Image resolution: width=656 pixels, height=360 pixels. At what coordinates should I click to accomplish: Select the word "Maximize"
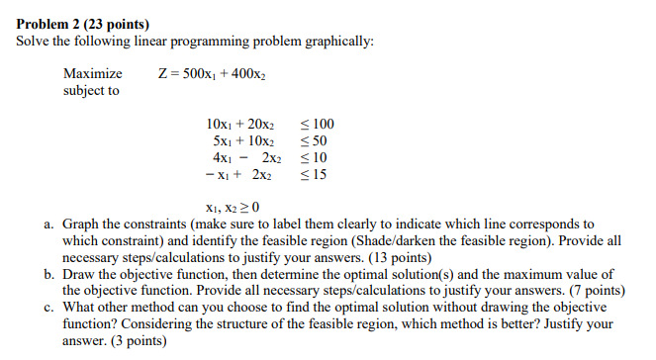tap(93, 73)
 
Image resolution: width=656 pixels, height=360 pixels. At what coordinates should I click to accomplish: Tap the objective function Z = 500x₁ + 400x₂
tap(213, 73)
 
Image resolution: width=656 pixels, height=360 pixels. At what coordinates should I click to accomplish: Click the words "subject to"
tap(91, 90)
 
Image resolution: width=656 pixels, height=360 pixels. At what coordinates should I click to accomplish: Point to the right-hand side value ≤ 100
tap(317, 125)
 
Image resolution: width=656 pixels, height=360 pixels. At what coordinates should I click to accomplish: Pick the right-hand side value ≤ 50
tap(313, 141)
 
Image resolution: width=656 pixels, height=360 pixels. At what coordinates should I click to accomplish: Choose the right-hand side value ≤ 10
tap(313, 158)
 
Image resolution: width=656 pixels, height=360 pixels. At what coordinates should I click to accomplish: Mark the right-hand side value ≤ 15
tap(313, 175)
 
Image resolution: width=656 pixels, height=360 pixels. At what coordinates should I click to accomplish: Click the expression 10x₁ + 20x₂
tap(238, 125)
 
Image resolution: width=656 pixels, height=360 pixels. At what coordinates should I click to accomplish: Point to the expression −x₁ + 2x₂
tap(238, 175)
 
